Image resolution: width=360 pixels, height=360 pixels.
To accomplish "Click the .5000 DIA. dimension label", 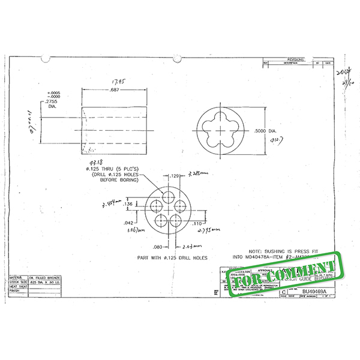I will coord(265,130).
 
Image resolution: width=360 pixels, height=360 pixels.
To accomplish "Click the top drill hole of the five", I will coord(169,198).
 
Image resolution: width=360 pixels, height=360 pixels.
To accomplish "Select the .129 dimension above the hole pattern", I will coord(175,176).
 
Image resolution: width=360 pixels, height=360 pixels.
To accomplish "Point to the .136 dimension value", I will coord(127,204).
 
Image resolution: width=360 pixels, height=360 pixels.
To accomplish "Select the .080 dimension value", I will coord(157,245).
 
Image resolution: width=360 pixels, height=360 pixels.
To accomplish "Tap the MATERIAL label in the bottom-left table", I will coord(17,278).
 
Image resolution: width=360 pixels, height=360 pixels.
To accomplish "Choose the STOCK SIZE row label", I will coord(17,283).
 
